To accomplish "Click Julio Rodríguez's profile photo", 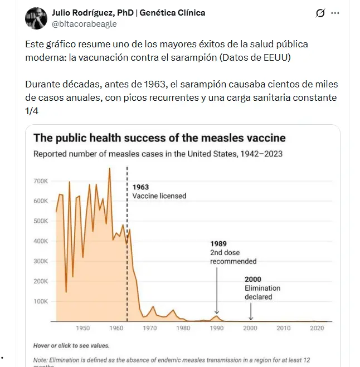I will (x=36, y=18).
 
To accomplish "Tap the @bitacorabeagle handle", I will (x=84, y=24).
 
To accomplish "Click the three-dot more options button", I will (x=335, y=13).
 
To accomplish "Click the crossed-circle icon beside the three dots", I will (x=320, y=13).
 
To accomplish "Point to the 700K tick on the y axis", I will (x=41, y=181).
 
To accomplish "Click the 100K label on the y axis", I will (x=41, y=301).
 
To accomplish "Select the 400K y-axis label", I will (x=41, y=241).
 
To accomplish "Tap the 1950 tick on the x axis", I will (x=83, y=329).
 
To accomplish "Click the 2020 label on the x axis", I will (x=318, y=329).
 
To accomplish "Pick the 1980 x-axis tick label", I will (x=183, y=329).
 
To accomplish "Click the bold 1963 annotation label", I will (x=140, y=187).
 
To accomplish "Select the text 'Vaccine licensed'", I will (x=159, y=196).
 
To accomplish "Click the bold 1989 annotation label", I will (x=219, y=243).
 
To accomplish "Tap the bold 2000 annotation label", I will (x=253, y=279).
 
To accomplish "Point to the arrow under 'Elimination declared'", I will (x=251, y=312).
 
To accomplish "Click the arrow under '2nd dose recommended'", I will (x=217, y=301).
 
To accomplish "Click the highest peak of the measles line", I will (x=109, y=169).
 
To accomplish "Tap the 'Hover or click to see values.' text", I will (x=71, y=346).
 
